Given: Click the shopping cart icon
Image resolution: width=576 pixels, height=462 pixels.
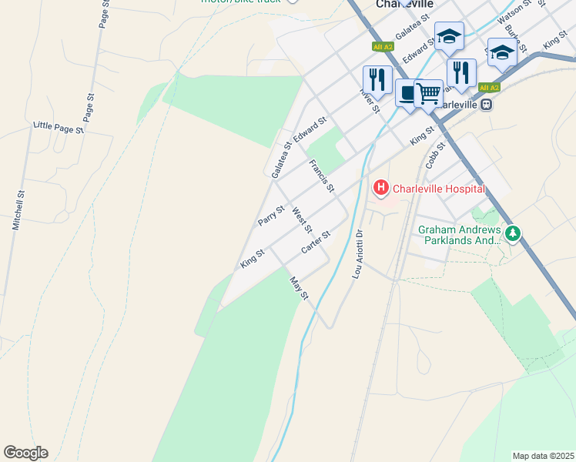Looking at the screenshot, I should pyautogui.click(x=428, y=94).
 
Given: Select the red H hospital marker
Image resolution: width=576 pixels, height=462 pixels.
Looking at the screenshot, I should pyautogui.click(x=380, y=187).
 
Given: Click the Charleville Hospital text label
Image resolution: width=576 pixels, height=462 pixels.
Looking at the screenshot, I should pyautogui.click(x=439, y=189).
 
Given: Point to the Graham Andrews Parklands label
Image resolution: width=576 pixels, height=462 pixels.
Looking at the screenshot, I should pyautogui.click(x=459, y=235).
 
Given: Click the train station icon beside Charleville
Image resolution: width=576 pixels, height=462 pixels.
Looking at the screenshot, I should pyautogui.click(x=486, y=104).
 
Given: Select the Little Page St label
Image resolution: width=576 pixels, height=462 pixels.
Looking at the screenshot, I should pyautogui.click(x=59, y=128).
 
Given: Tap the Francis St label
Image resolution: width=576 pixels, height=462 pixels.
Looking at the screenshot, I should pyautogui.click(x=321, y=176).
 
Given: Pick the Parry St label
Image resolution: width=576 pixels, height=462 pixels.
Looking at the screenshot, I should pyautogui.click(x=271, y=215).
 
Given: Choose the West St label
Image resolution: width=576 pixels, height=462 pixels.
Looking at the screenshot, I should pyautogui.click(x=303, y=220).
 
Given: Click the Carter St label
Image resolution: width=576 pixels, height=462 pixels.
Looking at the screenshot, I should pyautogui.click(x=316, y=243).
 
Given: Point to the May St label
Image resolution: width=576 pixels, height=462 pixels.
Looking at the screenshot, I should pyautogui.click(x=298, y=290).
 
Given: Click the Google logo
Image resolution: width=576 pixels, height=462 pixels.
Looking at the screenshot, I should pyautogui.click(x=25, y=453).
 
